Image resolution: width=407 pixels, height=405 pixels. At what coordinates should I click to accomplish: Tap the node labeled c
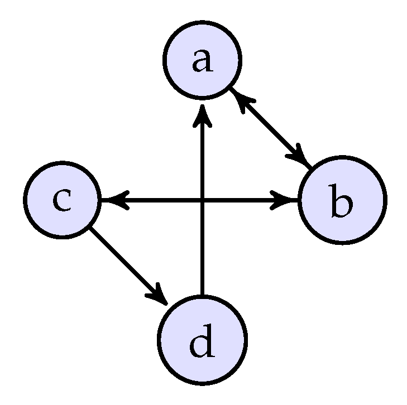(61, 200)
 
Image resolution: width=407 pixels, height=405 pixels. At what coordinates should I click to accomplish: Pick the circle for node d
(202, 340)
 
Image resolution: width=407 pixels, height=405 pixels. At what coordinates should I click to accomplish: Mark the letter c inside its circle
(61, 201)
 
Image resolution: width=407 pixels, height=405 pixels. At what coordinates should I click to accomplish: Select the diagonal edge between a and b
(272, 129)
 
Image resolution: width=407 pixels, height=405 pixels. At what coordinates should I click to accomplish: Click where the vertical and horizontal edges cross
(202, 200)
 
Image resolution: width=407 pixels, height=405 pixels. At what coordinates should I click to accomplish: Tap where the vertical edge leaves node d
(202, 294)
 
